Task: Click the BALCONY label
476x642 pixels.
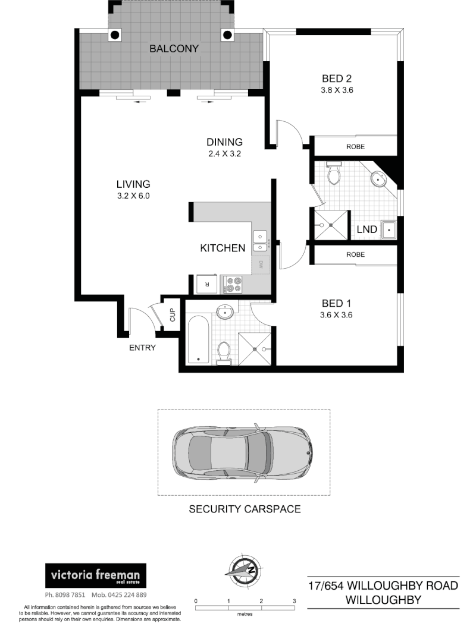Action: pyautogui.click(x=174, y=49)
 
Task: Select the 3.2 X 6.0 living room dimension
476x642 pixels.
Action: pyautogui.click(x=133, y=196)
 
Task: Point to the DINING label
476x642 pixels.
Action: pyautogui.click(x=224, y=142)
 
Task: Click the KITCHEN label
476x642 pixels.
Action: pyautogui.click(x=223, y=248)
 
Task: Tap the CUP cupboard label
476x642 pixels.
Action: pyautogui.click(x=173, y=316)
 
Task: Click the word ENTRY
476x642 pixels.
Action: pyautogui.click(x=142, y=348)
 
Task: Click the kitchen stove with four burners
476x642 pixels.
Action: pyautogui.click(x=233, y=284)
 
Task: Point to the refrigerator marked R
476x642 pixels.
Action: pyautogui.click(x=207, y=284)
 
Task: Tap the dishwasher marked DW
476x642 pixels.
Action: pyautogui.click(x=261, y=265)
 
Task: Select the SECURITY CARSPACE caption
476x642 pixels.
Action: pyautogui.click(x=245, y=509)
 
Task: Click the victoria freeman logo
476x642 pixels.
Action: pyautogui.click(x=96, y=576)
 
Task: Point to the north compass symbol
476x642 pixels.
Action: pyautogui.click(x=244, y=568)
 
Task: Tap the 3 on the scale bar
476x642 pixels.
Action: pyautogui.click(x=295, y=601)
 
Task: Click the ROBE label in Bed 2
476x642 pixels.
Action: pyautogui.click(x=355, y=146)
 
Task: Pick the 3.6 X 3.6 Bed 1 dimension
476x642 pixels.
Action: pyautogui.click(x=336, y=316)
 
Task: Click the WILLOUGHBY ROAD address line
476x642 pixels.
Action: pyautogui.click(x=383, y=586)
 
